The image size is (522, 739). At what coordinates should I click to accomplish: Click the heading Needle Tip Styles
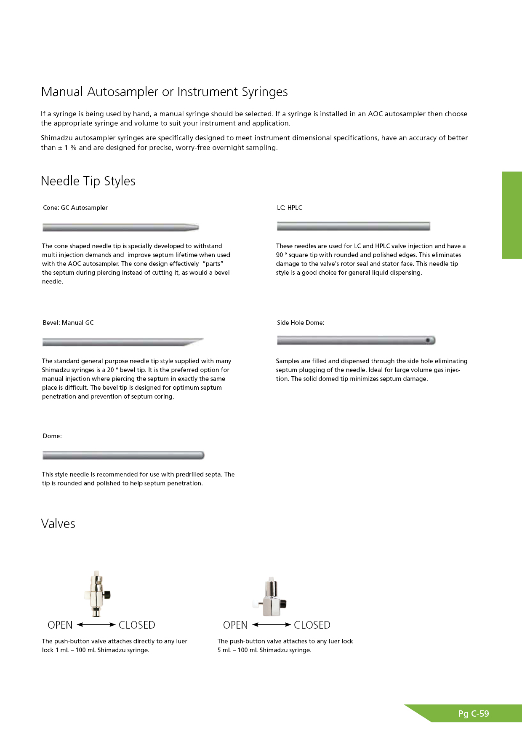tap(88, 181)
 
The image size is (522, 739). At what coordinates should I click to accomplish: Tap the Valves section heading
tap(58, 524)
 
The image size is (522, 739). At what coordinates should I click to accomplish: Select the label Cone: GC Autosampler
tap(75, 208)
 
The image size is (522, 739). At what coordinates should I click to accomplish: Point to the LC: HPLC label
tap(290, 208)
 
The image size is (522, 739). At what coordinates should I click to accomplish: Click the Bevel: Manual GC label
tap(68, 323)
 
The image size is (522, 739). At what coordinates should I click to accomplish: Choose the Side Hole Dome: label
tap(301, 323)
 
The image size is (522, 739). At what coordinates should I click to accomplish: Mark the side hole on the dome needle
tap(428, 340)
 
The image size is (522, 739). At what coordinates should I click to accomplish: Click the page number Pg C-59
tap(474, 714)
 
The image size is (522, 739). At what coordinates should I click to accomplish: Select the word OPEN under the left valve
tap(60, 625)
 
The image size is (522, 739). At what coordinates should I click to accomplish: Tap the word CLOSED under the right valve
tap(312, 625)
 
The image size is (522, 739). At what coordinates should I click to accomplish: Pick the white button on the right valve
tap(256, 604)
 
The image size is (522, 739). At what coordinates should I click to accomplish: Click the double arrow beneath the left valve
tap(96, 625)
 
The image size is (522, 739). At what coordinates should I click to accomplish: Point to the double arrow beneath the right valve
tap(272, 625)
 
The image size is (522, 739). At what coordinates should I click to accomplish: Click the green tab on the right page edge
tap(512, 215)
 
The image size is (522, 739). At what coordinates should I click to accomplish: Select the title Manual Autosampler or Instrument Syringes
tap(164, 92)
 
